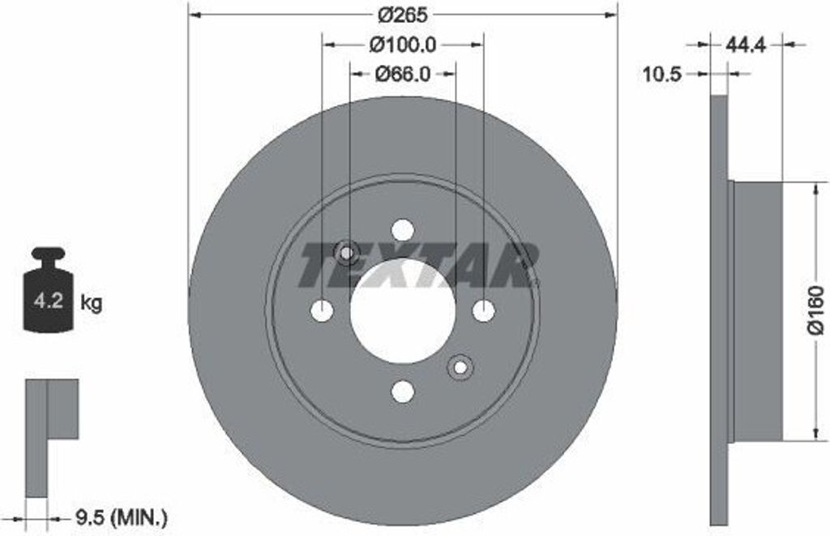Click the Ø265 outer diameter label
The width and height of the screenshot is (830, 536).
[x=403, y=15]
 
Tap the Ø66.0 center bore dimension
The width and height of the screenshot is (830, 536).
[x=403, y=74]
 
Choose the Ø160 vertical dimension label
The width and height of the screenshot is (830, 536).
[x=815, y=312]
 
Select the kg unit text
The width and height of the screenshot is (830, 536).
[x=91, y=304]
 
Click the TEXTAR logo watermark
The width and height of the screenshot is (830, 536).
[x=417, y=265]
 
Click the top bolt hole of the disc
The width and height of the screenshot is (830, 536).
[x=403, y=230]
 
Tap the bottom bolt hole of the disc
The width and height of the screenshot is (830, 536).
[x=403, y=392]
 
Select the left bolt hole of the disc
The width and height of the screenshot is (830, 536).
[x=323, y=311]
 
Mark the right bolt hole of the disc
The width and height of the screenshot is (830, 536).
[x=483, y=311]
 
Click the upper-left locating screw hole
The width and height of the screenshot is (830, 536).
[x=347, y=254]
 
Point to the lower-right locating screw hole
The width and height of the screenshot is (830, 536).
[x=460, y=367]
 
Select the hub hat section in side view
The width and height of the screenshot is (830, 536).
[x=757, y=312]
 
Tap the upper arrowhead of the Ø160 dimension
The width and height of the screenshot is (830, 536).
[x=814, y=189]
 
